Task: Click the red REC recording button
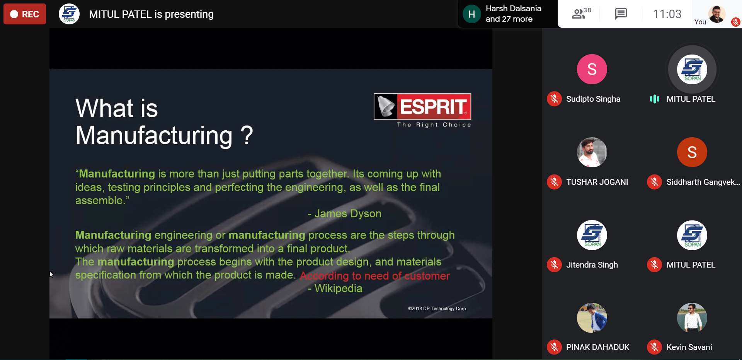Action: tap(25, 14)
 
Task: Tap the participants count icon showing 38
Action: tap(581, 14)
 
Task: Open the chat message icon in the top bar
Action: tap(621, 14)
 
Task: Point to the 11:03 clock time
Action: tap(667, 14)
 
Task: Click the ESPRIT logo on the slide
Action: tap(422, 106)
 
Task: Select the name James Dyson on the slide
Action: tap(348, 213)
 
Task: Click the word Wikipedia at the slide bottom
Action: tap(338, 288)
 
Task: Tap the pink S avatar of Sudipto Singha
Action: tap(592, 69)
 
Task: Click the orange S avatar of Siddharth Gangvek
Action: tap(692, 152)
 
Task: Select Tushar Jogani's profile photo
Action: tap(592, 152)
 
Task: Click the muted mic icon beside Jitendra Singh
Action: tap(554, 265)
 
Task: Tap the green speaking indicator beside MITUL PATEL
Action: tap(654, 99)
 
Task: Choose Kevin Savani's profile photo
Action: tap(692, 318)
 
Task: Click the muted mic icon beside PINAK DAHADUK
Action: tap(554, 347)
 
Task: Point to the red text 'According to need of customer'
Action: tap(375, 276)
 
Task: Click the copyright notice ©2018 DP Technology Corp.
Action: tap(437, 309)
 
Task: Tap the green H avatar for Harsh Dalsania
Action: tap(471, 14)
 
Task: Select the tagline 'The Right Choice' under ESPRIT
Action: tap(434, 125)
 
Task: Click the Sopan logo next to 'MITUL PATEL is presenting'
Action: tap(69, 14)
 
